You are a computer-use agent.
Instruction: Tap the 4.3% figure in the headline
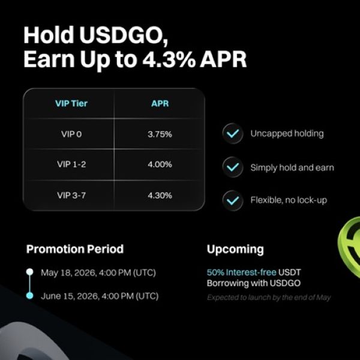(168, 59)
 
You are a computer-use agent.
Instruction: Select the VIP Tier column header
(71, 103)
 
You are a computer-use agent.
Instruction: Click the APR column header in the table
(160, 103)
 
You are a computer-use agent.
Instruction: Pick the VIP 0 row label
(71, 134)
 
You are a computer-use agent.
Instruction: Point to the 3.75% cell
(160, 134)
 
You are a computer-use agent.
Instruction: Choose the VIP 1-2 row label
(71, 164)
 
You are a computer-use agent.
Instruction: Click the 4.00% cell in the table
(160, 164)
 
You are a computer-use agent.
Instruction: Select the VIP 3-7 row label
(71, 196)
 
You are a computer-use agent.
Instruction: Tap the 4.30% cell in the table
(160, 196)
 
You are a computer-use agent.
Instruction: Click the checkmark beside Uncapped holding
(233, 133)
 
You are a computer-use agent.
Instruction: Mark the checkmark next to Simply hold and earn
(233, 167)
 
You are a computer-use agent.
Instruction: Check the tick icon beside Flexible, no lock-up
(233, 200)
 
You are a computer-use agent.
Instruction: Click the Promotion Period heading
(75, 249)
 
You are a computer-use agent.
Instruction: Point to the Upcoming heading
(235, 250)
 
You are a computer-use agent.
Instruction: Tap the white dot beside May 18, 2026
(29, 272)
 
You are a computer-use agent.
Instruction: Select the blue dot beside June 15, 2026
(29, 295)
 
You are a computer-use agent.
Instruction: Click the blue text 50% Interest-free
(242, 272)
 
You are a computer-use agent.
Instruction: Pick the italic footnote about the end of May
(269, 298)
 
